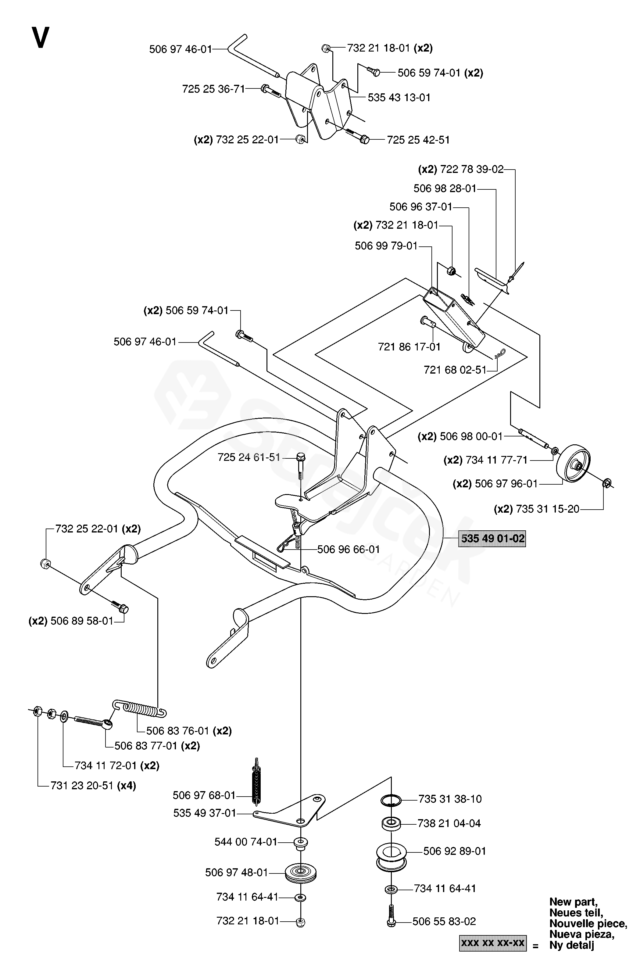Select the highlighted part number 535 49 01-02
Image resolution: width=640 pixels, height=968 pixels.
pyautogui.click(x=492, y=539)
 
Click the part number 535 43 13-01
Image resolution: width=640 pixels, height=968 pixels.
pyautogui.click(x=399, y=98)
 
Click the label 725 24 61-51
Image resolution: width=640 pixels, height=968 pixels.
pyautogui.click(x=248, y=457)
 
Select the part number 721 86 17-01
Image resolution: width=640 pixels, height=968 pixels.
pyautogui.click(x=409, y=347)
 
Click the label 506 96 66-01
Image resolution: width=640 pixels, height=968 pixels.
pyautogui.click(x=348, y=549)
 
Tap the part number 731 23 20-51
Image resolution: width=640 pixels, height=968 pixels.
pyautogui.click(x=82, y=786)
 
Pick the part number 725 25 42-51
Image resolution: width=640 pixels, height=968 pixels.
pyautogui.click(x=418, y=140)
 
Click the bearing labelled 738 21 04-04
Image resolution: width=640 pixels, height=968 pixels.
pyautogui.click(x=391, y=823)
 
